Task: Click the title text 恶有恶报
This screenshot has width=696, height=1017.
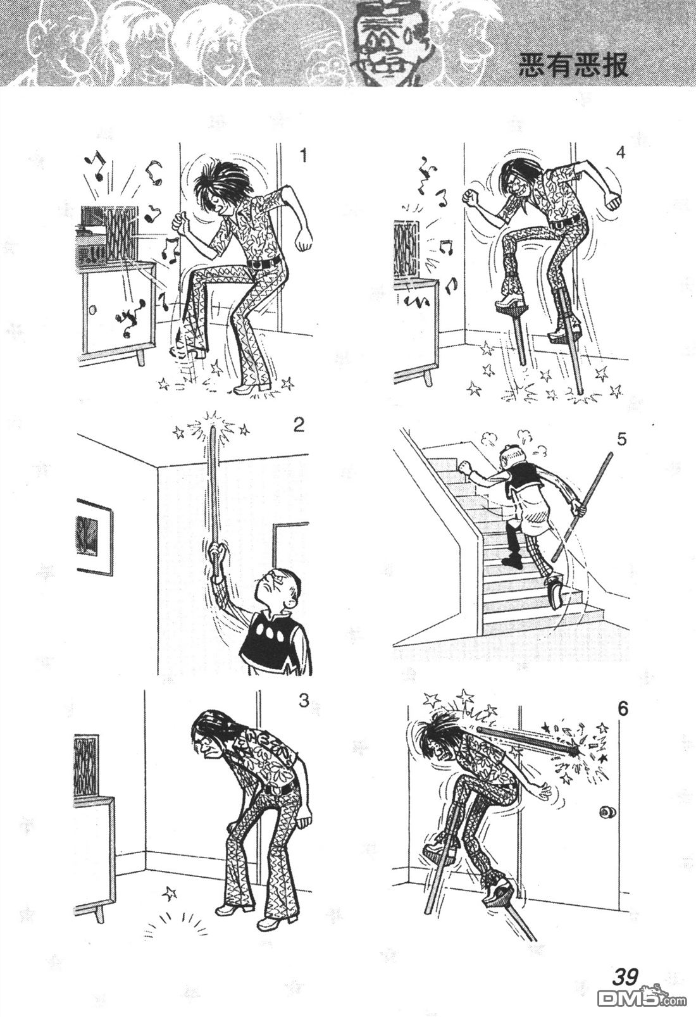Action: (573, 66)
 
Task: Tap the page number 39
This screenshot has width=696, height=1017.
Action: (626, 975)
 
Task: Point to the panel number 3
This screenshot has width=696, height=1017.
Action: (304, 701)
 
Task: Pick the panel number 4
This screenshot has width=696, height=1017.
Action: (621, 153)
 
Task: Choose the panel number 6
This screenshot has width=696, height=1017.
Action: (623, 709)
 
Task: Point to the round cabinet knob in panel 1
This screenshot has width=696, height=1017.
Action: (92, 309)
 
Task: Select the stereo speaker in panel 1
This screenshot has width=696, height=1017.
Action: (121, 236)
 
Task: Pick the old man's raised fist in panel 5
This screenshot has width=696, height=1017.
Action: (464, 466)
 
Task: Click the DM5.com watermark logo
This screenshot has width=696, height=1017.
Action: (645, 997)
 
